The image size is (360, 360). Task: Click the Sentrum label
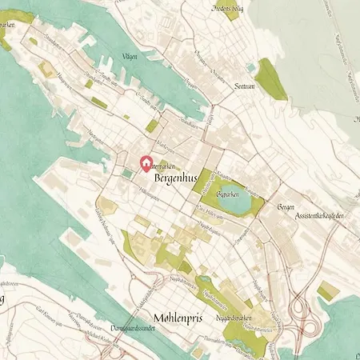[245, 86]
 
